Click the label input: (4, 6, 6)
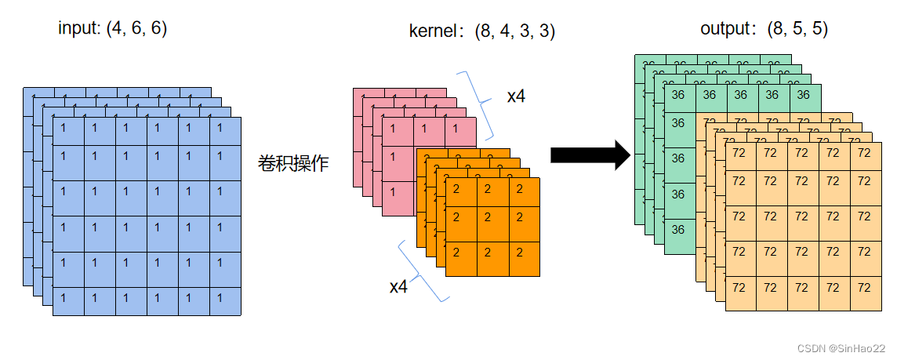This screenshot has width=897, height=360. click(x=112, y=29)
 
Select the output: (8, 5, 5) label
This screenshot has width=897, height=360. click(x=764, y=29)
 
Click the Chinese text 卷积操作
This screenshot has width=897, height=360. click(x=293, y=164)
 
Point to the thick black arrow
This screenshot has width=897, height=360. click(x=590, y=155)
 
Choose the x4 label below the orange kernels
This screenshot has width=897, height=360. click(x=398, y=286)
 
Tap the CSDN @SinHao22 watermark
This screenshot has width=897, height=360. click(x=845, y=347)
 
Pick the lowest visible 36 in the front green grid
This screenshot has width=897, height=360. click(x=679, y=229)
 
